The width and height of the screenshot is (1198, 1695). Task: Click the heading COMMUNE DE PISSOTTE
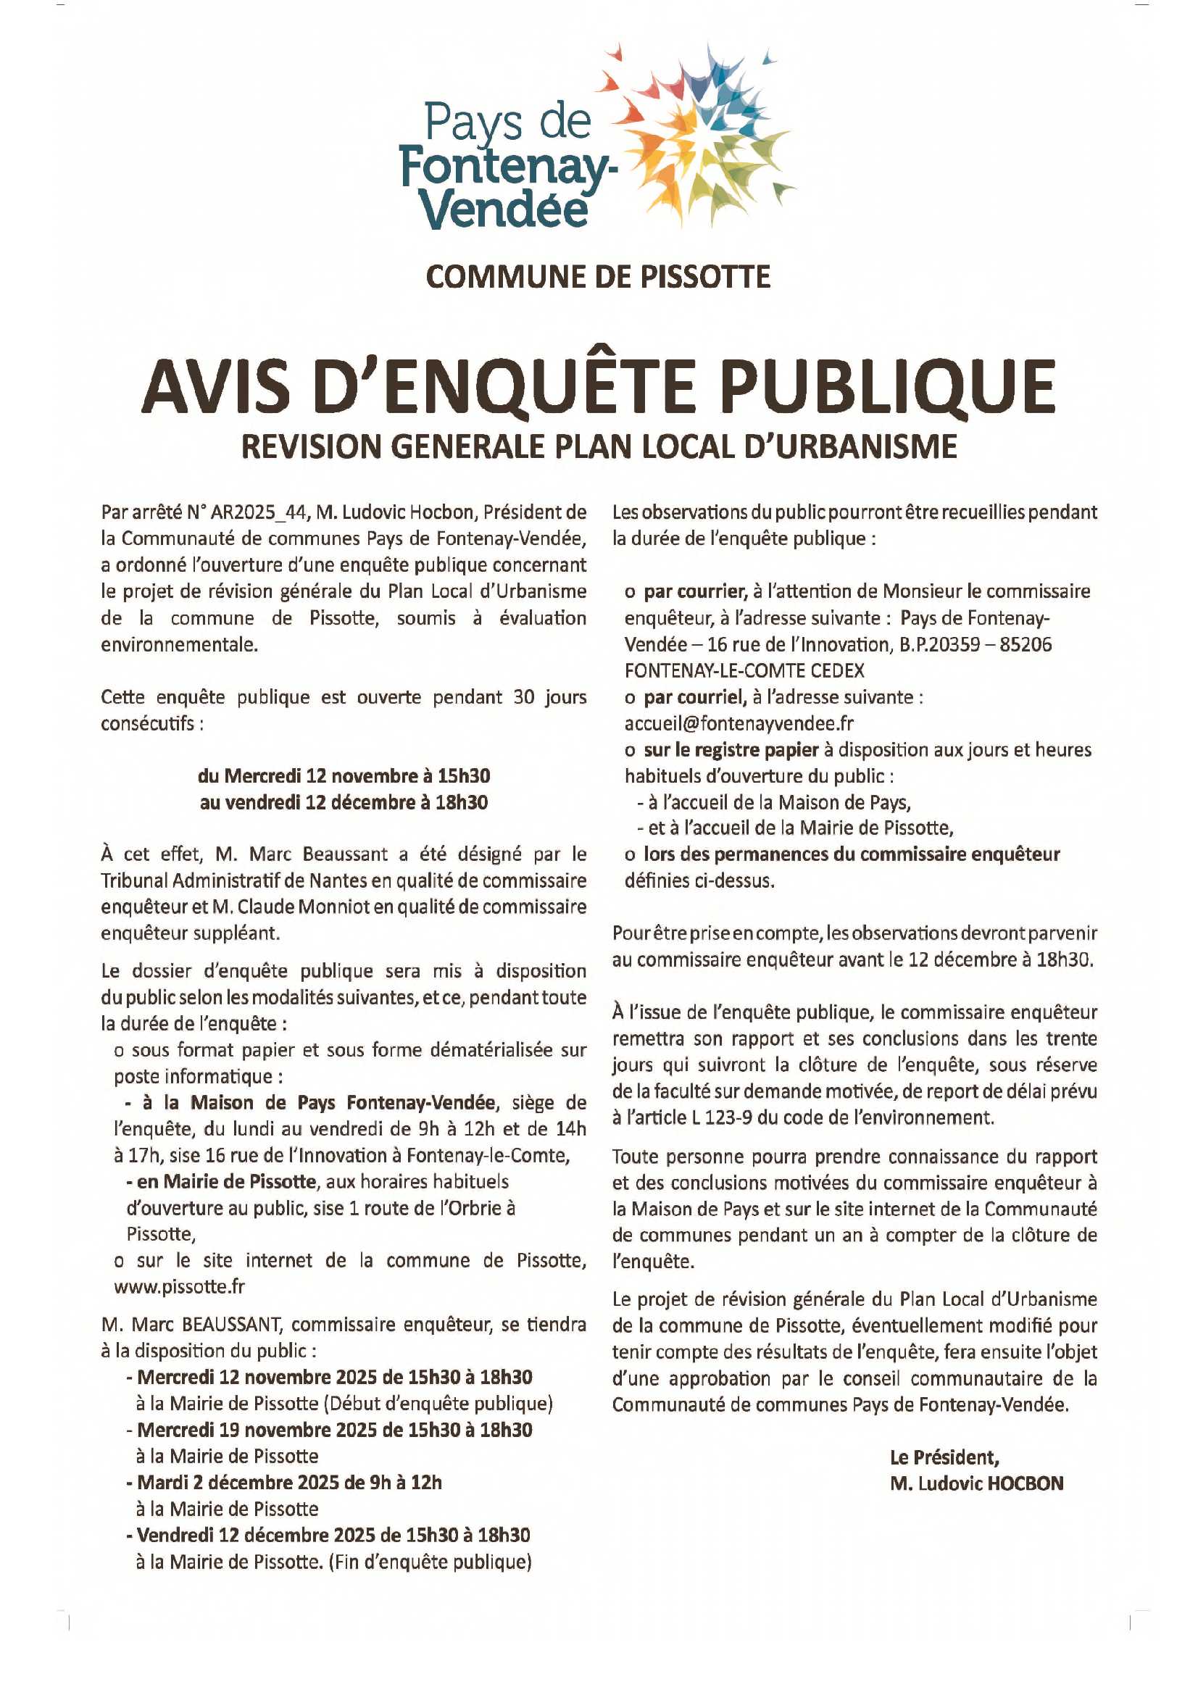tap(598, 277)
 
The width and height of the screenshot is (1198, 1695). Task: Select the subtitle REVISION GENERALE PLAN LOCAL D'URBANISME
tap(599, 446)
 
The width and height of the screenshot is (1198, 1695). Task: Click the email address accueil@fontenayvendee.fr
tap(739, 722)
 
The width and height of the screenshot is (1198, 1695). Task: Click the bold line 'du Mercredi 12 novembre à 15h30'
tap(344, 776)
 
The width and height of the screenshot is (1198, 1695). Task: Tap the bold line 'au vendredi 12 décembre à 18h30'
tap(344, 802)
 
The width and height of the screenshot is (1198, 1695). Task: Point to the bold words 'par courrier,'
tap(694, 591)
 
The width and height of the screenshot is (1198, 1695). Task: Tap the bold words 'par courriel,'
tap(694, 697)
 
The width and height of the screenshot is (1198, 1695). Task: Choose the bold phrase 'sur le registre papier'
tap(731, 750)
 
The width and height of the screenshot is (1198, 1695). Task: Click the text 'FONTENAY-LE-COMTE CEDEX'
tap(744, 670)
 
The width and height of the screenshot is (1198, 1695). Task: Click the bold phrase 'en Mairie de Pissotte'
tap(226, 1182)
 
